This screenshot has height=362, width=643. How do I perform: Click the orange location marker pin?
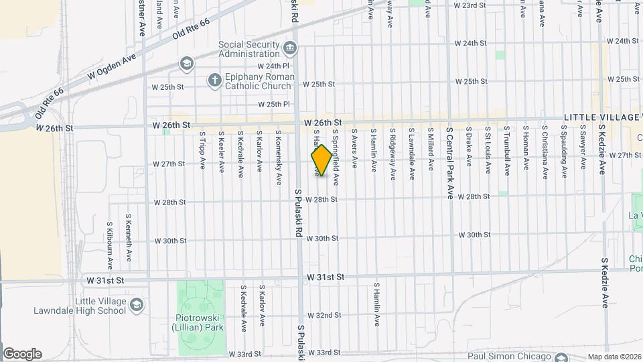coord(321,160)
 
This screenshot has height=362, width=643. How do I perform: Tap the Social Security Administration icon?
coord(290,48)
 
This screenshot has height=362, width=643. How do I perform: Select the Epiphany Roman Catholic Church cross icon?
coord(214,80)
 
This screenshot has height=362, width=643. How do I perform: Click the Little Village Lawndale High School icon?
coord(137,305)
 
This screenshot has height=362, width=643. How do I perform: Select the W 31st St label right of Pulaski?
coord(326,276)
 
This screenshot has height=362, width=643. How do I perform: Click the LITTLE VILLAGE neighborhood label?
coord(600,117)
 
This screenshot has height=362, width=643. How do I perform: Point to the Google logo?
coord(22,354)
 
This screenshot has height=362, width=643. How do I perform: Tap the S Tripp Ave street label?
coord(202,149)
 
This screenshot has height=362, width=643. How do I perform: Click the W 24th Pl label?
coord(273,66)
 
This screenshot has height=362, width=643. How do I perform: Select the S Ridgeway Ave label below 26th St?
coord(392,154)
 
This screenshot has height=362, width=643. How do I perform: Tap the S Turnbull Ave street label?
coord(507,150)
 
